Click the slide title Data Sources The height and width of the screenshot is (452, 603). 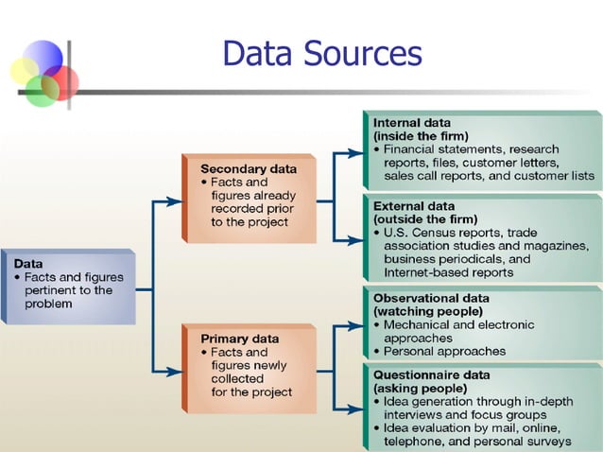click(x=321, y=53)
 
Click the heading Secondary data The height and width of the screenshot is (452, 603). click(x=249, y=168)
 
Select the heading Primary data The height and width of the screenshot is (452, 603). click(x=239, y=338)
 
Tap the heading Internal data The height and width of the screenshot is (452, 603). click(x=411, y=123)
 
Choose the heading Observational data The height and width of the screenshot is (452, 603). click(x=431, y=298)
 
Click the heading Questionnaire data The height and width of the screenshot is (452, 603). click(x=432, y=374)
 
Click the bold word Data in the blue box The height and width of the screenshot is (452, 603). click(x=28, y=263)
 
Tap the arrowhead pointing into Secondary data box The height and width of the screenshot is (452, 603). click(x=175, y=200)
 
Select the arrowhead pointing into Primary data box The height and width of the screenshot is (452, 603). click(x=175, y=372)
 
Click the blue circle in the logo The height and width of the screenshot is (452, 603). click(x=43, y=57)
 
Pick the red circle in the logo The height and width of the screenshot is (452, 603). click(x=61, y=81)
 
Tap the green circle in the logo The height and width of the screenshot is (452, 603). click(x=42, y=91)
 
